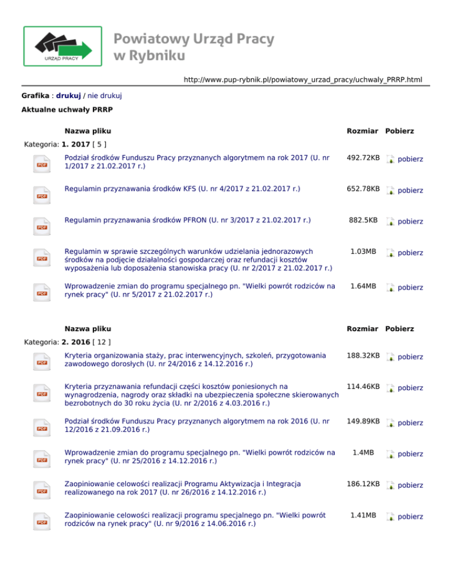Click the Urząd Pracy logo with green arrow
[62, 46]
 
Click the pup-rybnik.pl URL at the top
[303, 79]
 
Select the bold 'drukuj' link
[68, 95]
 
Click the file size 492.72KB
[363, 158]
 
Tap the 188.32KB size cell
[363, 356]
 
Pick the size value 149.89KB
[363, 421]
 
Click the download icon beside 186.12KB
[390, 486]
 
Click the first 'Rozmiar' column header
[363, 131]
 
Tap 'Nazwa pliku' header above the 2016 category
[88, 328]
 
